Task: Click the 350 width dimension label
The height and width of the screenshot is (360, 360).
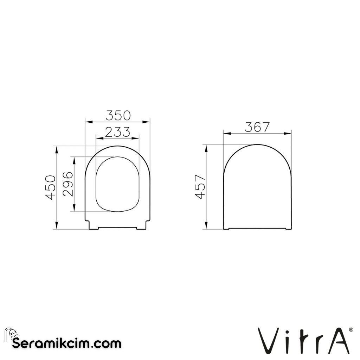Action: click(118, 115)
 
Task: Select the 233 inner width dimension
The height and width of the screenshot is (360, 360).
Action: click(117, 132)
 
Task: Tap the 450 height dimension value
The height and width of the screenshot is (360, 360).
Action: click(51, 187)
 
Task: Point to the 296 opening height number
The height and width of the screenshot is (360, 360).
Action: click(68, 184)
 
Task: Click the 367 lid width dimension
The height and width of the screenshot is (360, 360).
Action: click(257, 127)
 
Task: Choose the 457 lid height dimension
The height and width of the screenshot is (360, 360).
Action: click(200, 187)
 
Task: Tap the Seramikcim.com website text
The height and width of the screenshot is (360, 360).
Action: click(67, 343)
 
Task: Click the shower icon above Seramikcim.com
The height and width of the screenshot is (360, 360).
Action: click(11, 334)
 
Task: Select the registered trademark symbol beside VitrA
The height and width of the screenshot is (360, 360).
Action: click(351, 330)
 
